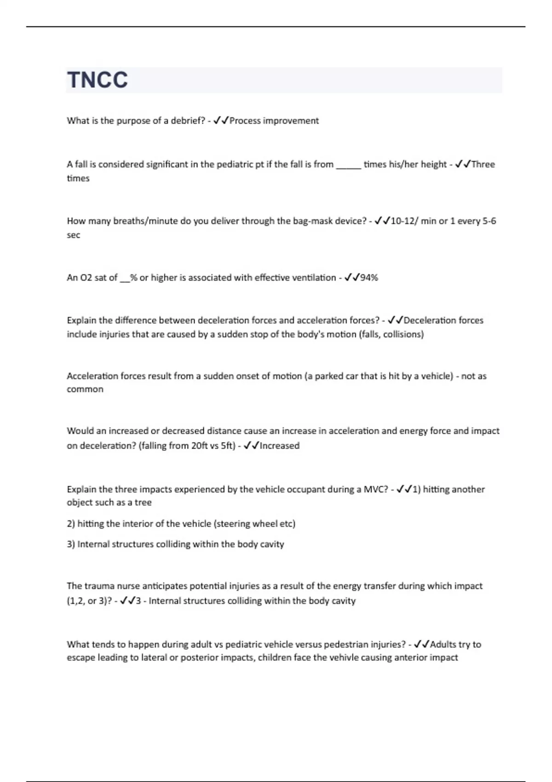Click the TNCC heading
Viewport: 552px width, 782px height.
click(x=98, y=80)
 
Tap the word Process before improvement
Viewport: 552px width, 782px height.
click(x=245, y=121)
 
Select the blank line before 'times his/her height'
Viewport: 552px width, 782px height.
click(x=348, y=165)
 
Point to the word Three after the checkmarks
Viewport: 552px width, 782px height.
click(x=483, y=165)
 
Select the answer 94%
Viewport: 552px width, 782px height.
click(x=369, y=278)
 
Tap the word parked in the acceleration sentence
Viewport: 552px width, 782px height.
click(x=329, y=376)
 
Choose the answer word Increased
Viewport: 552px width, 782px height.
click(x=280, y=446)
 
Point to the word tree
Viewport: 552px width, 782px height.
click(x=143, y=503)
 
